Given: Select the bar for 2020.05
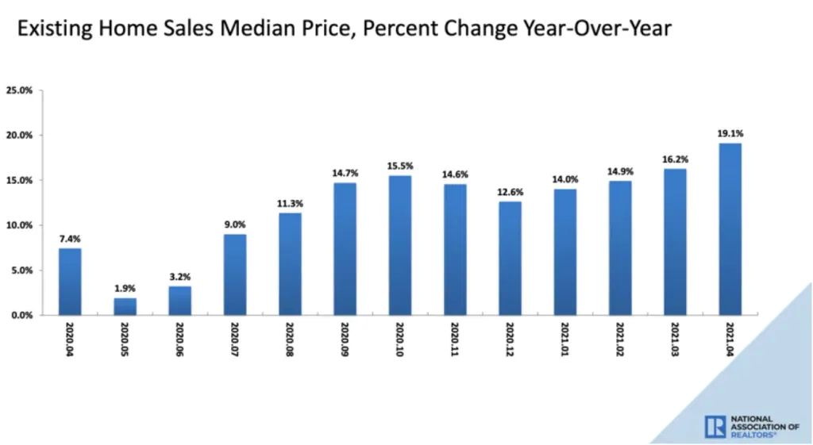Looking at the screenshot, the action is [x=125, y=307].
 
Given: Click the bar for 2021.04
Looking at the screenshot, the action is [x=730, y=229].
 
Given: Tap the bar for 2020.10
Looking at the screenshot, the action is [x=400, y=245].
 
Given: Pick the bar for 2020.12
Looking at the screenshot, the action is [x=511, y=258].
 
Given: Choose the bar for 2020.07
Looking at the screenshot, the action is [x=235, y=274].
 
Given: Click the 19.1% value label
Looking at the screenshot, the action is [x=730, y=133].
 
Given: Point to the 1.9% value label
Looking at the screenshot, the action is [x=125, y=289].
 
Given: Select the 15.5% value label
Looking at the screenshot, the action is [x=400, y=167].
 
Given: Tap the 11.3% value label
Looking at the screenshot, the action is [x=290, y=204].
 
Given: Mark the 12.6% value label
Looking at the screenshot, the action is [x=511, y=192].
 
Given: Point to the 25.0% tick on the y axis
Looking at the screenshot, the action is [x=19, y=90].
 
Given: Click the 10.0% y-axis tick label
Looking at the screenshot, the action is [x=19, y=225].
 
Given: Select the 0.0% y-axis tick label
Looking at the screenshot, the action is [x=21, y=316].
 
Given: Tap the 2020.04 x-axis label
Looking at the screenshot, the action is [x=70, y=340].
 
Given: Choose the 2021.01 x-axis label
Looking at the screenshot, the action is [x=565, y=340].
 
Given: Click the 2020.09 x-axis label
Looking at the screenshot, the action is [x=345, y=340].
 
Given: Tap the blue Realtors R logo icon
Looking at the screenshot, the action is [x=715, y=427].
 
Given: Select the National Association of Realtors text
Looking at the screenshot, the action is [x=765, y=427].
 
